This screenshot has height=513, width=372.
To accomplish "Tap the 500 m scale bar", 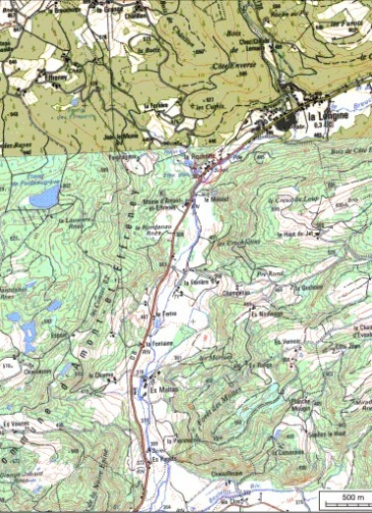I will (x=345, y=499).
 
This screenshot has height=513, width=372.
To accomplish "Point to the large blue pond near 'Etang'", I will (x=44, y=198).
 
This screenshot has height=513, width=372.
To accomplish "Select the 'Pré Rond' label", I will (x=269, y=272).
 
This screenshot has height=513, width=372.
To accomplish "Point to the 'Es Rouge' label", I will (x=263, y=362).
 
